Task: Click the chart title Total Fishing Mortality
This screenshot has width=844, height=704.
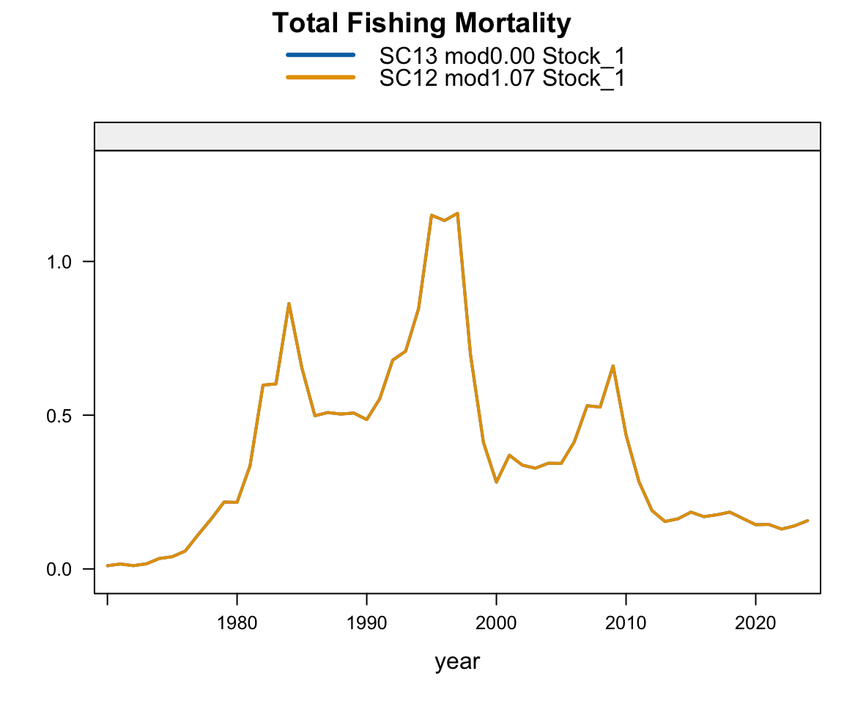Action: coord(421,24)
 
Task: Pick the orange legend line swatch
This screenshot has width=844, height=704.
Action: coord(320,77)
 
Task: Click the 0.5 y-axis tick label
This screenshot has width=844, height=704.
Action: coord(60,415)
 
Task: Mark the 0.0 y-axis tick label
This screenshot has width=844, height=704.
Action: coord(60,569)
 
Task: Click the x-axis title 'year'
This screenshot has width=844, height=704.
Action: coord(457,661)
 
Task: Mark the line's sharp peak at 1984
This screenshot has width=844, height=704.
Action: coord(289,303)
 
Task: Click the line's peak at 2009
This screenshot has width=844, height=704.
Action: coord(612,365)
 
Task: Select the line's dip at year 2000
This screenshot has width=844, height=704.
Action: coord(496,482)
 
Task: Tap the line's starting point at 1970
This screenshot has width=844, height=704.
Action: coord(108,565)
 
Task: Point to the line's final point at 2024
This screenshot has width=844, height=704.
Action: coord(807,521)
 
